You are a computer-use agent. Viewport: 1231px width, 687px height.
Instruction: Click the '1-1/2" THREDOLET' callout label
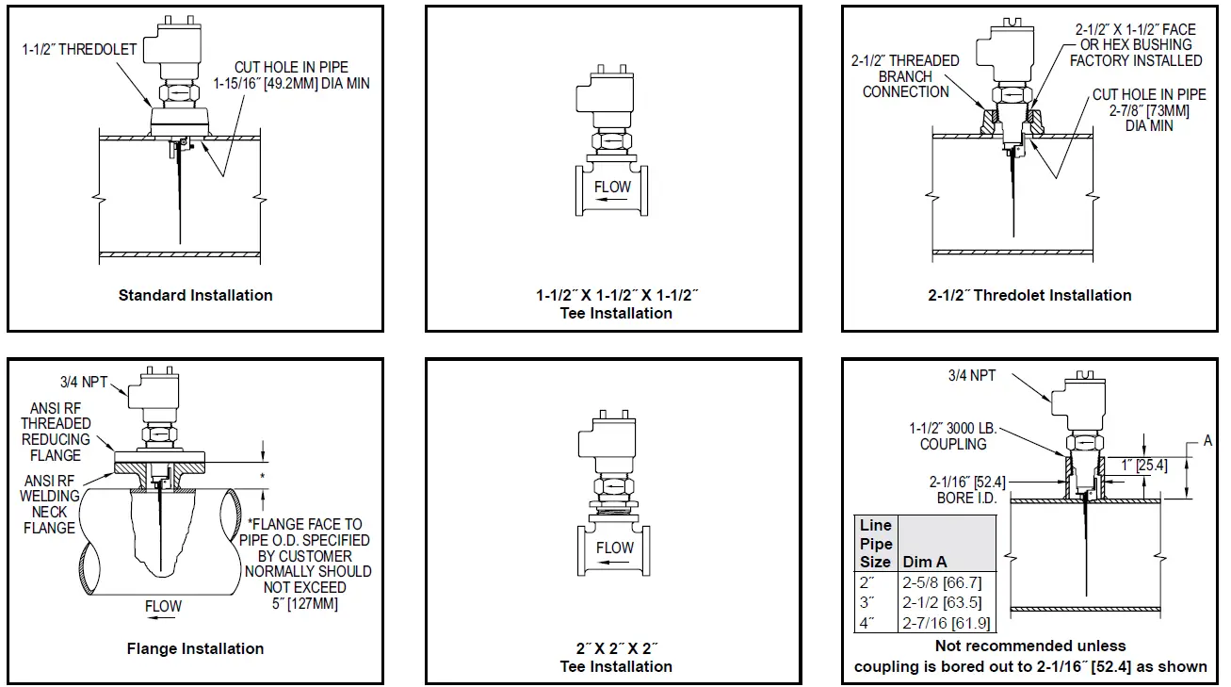pyautogui.click(x=79, y=49)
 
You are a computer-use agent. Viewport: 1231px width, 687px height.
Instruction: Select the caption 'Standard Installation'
pyautogui.click(x=195, y=295)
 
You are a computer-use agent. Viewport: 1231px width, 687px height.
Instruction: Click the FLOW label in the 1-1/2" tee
pyautogui.click(x=612, y=187)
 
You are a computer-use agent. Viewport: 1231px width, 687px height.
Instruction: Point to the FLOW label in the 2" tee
pyautogui.click(x=614, y=548)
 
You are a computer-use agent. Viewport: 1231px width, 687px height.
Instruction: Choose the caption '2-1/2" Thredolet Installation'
pyautogui.click(x=1029, y=295)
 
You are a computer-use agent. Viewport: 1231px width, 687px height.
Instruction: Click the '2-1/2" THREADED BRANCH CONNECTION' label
pyautogui.click(x=905, y=76)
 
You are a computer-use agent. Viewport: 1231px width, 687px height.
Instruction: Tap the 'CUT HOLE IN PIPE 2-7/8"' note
pyautogui.click(x=1149, y=109)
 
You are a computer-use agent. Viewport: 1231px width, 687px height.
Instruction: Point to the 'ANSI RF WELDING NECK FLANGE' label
pyautogui.click(x=49, y=504)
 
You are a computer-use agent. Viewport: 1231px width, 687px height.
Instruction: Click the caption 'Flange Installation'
pyautogui.click(x=195, y=648)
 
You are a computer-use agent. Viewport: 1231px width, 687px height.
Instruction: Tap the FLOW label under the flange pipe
pyautogui.click(x=163, y=606)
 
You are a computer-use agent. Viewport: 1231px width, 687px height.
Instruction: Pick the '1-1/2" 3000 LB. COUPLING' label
pyautogui.click(x=953, y=436)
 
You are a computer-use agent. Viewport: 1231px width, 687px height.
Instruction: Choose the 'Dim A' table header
pyautogui.click(x=925, y=562)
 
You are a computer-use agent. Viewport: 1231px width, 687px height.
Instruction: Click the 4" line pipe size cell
pyautogui.click(x=867, y=623)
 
